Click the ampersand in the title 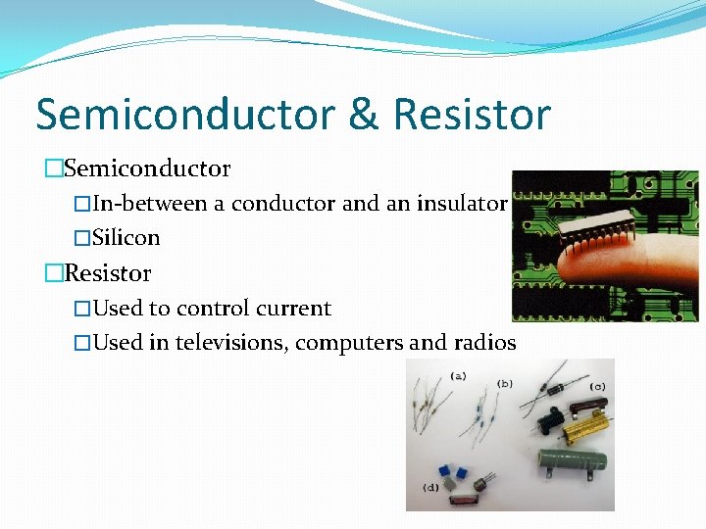tap(363, 115)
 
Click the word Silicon tap(126, 238)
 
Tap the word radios tap(484, 343)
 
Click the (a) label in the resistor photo tap(458, 374)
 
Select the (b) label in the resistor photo tap(506, 382)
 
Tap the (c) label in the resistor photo tap(596, 387)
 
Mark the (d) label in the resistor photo tap(430, 486)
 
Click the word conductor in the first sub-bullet tap(284, 204)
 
